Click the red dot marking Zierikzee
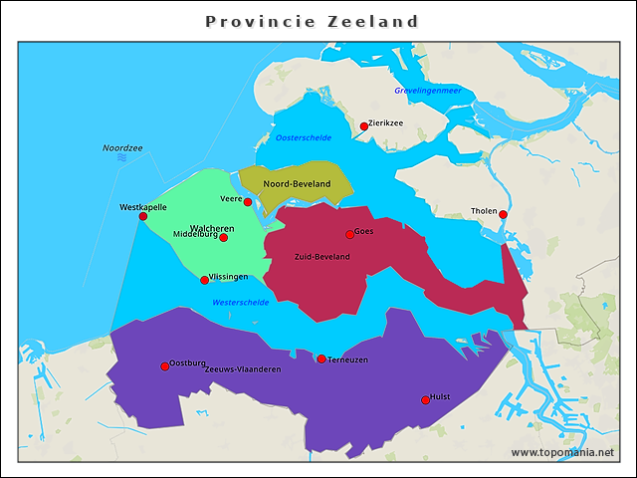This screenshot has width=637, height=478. click(364, 126)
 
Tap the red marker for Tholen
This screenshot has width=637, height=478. click(503, 215)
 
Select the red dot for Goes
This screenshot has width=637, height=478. click(349, 234)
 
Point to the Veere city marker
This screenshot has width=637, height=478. click(248, 202)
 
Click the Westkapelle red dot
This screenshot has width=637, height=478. click(143, 216)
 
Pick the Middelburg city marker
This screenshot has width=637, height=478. click(223, 237)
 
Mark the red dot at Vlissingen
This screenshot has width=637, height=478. click(205, 280)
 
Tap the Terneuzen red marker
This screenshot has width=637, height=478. click(321, 358)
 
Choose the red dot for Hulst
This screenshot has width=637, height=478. click(426, 399)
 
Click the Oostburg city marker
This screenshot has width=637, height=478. click(165, 366)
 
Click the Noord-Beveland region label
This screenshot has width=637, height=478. click(297, 184)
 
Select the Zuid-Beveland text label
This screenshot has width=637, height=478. click(321, 257)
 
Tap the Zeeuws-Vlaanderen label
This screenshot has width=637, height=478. click(242, 369)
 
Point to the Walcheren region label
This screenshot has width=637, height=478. click(212, 228)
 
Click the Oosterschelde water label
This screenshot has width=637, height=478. click(304, 137)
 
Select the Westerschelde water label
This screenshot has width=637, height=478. click(240, 302)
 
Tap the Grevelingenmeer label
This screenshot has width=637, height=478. click(428, 91)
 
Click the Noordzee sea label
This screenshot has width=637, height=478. click(122, 148)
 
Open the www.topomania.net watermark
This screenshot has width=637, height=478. click(562, 452)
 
